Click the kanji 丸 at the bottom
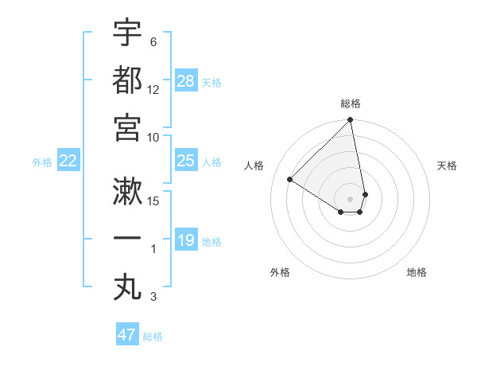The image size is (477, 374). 127,286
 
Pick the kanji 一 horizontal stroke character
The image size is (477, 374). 127,239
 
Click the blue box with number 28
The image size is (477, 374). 186,81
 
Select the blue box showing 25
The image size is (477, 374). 186,162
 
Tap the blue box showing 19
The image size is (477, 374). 186,240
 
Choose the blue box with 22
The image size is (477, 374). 68,162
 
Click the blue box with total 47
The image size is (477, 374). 127,335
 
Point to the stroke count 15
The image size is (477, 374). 154,201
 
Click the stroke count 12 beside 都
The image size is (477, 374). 154,90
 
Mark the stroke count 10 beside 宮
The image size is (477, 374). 154,138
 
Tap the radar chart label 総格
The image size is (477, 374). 351,103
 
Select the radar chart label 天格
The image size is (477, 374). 447,166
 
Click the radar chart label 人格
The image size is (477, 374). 254,166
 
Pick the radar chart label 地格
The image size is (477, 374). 417,272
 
